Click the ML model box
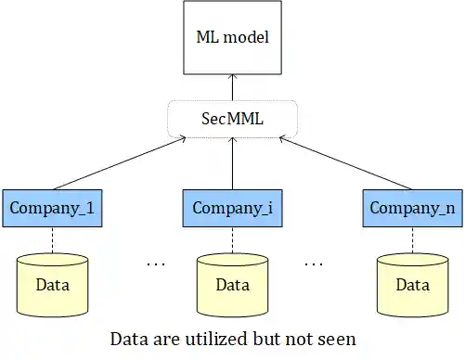point(231,39)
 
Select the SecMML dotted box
point(232,119)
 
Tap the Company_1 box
point(51,208)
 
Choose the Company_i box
point(232,208)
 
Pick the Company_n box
point(412,208)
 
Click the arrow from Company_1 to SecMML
point(116,162)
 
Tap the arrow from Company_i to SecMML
point(232,162)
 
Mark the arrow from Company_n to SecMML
point(345,162)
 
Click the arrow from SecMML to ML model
point(232,89)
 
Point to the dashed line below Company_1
point(52,240)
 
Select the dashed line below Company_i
point(232,240)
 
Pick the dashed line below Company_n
point(412,240)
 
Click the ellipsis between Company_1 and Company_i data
point(156,264)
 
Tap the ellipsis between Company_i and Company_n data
point(314,264)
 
